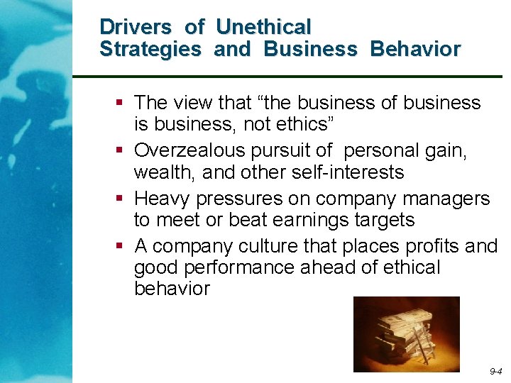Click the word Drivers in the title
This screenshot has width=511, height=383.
tap(136, 28)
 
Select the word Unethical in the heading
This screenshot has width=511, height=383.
tap(263, 28)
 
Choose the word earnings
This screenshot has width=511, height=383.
tap(295, 220)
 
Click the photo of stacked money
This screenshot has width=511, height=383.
tap(406, 334)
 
